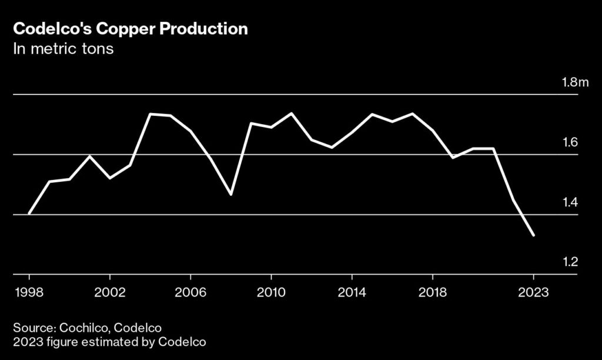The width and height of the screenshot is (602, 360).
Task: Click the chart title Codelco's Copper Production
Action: (x=130, y=29)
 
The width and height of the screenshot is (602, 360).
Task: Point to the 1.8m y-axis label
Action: (x=575, y=82)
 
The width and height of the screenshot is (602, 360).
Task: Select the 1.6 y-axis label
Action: (x=570, y=142)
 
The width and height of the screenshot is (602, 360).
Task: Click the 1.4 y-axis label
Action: (x=570, y=202)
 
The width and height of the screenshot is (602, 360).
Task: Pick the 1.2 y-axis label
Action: (x=570, y=262)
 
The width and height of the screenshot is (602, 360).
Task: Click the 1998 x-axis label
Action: (x=29, y=292)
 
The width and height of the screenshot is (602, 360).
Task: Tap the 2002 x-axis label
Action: (x=110, y=292)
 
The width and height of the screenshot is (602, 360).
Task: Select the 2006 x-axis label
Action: (x=190, y=292)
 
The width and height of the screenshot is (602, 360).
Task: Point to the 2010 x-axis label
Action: (x=271, y=292)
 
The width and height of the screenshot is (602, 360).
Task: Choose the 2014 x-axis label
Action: (x=352, y=292)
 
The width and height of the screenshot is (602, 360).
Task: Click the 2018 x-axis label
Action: (x=433, y=292)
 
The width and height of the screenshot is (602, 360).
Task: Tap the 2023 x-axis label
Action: (x=533, y=292)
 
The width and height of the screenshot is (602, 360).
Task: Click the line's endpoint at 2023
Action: (x=533, y=235)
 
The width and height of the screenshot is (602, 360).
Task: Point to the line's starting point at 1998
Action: (x=29, y=214)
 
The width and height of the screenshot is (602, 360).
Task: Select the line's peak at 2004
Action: (x=150, y=114)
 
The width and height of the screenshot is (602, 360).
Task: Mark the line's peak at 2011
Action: (x=292, y=113)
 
